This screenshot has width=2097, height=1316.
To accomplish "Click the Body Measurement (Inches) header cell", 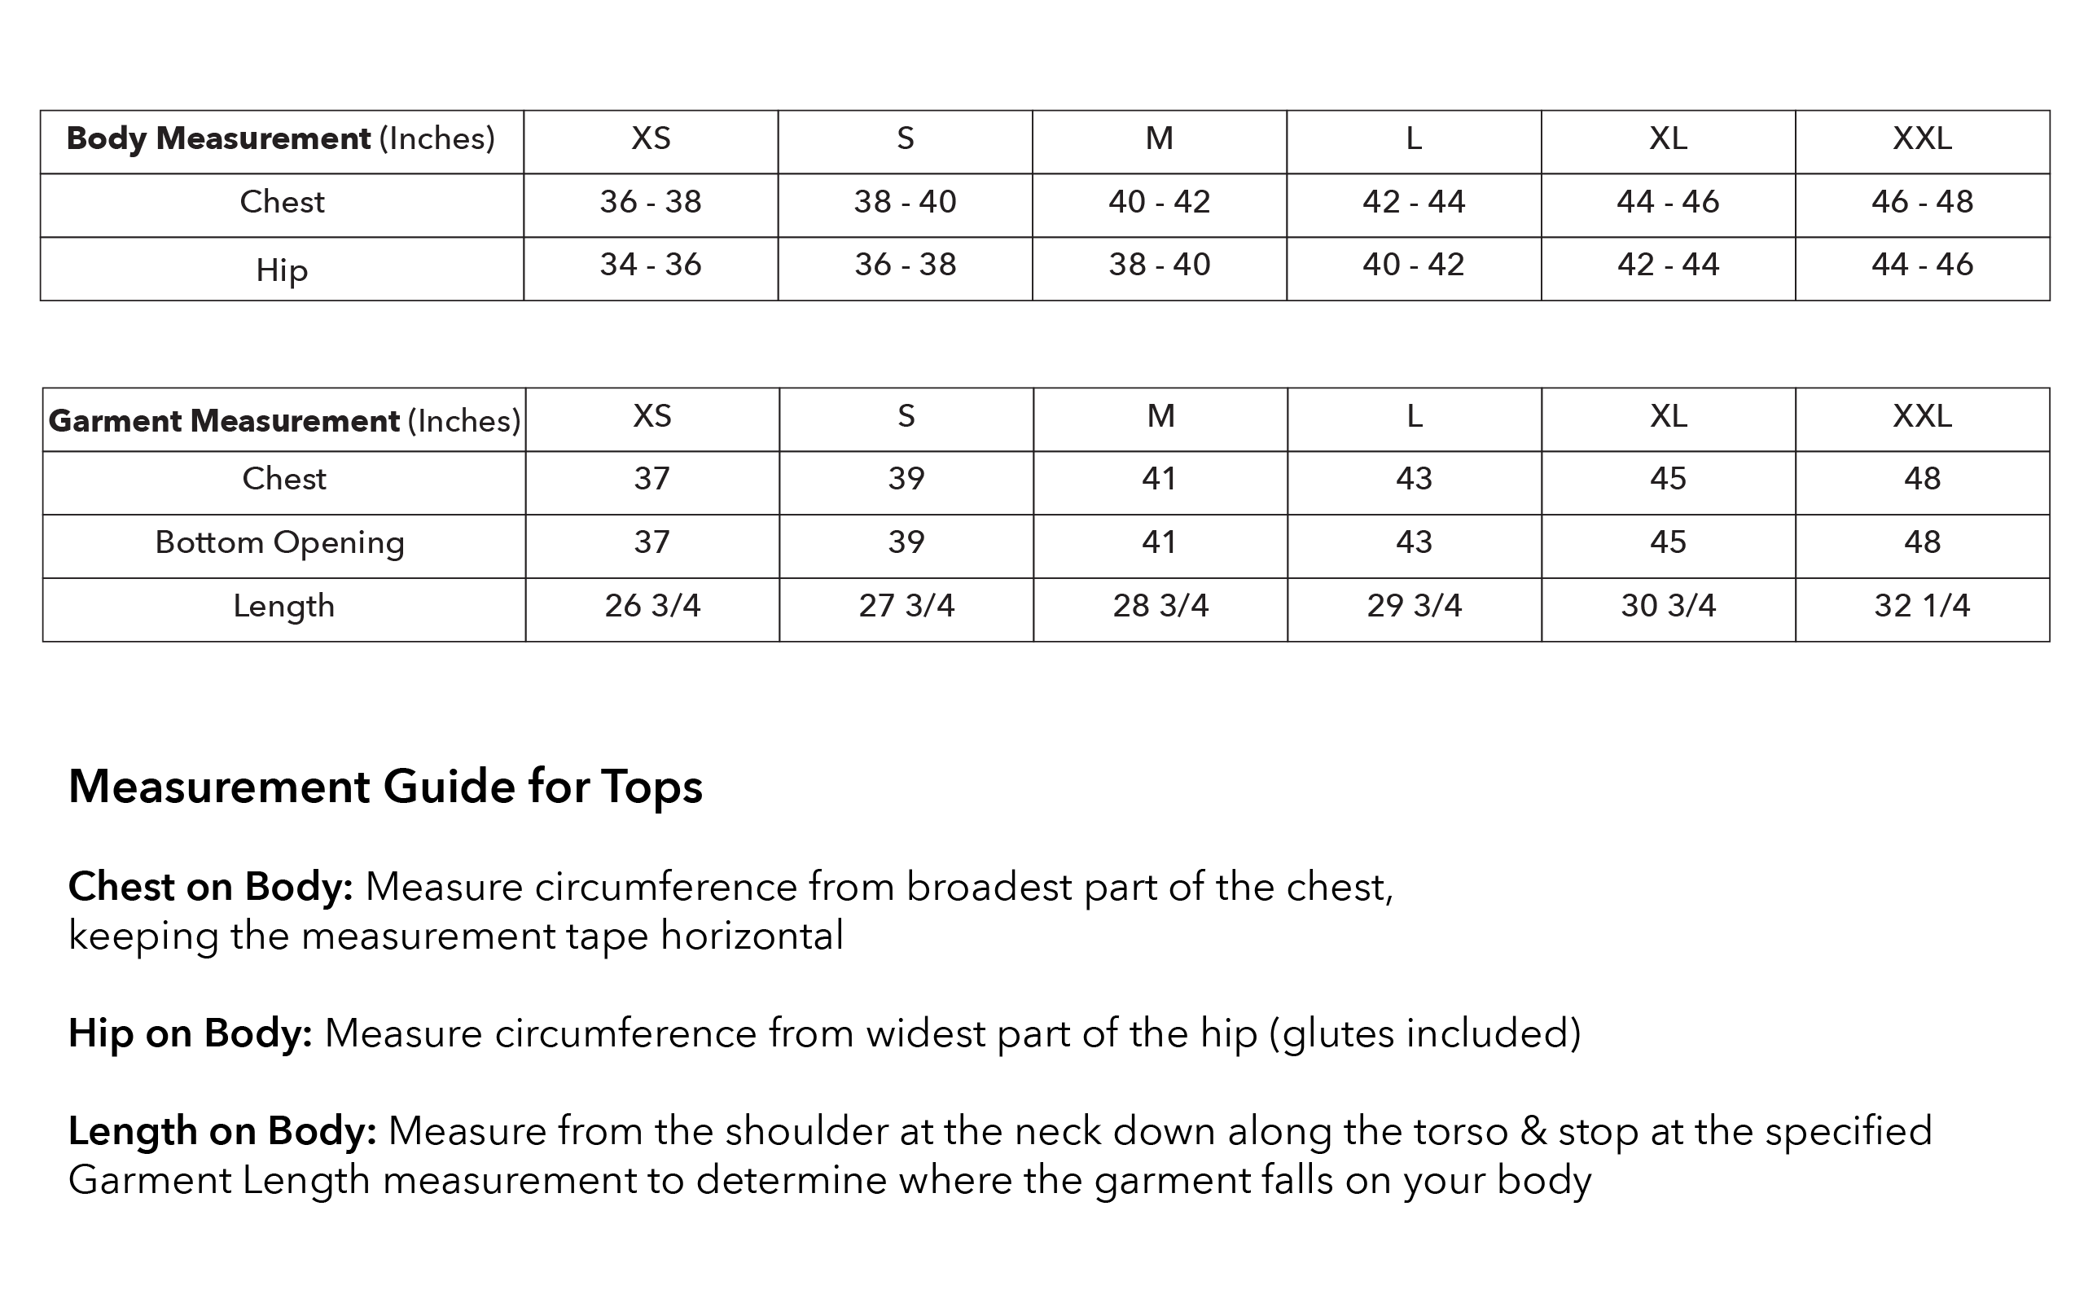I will pos(280,139).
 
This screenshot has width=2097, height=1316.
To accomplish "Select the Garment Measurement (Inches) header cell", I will pos(283,421).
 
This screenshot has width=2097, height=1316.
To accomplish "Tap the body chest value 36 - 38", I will pos(650,203).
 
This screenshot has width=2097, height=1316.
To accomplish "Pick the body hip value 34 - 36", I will pos(650,265).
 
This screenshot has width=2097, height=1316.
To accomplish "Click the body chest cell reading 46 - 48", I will pos(1921,203).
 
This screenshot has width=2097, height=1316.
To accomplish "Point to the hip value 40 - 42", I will pos(1413,265).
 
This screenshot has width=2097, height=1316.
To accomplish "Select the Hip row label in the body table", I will pos(281,270).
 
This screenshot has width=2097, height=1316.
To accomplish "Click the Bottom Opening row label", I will pos(279,543).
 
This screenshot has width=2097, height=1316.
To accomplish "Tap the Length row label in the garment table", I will pos(283,607).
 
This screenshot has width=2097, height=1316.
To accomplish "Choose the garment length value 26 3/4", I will pos(651,607).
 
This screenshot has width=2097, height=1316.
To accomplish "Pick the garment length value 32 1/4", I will pos(1921,607).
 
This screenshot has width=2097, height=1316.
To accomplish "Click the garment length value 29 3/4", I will pos(1413,607).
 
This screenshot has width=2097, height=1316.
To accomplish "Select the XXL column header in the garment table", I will pos(1921,417).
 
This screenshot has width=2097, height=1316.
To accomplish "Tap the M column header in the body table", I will pos(1159,139).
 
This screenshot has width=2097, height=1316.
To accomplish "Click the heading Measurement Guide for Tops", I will pos(384,787).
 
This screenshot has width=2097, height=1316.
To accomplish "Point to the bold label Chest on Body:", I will pos(211,888).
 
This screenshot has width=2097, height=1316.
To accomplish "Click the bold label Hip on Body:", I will pos(190,1034).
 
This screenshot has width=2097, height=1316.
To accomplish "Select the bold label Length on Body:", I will pos(222,1131).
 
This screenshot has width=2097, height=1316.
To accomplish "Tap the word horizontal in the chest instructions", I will pos(752,937).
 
